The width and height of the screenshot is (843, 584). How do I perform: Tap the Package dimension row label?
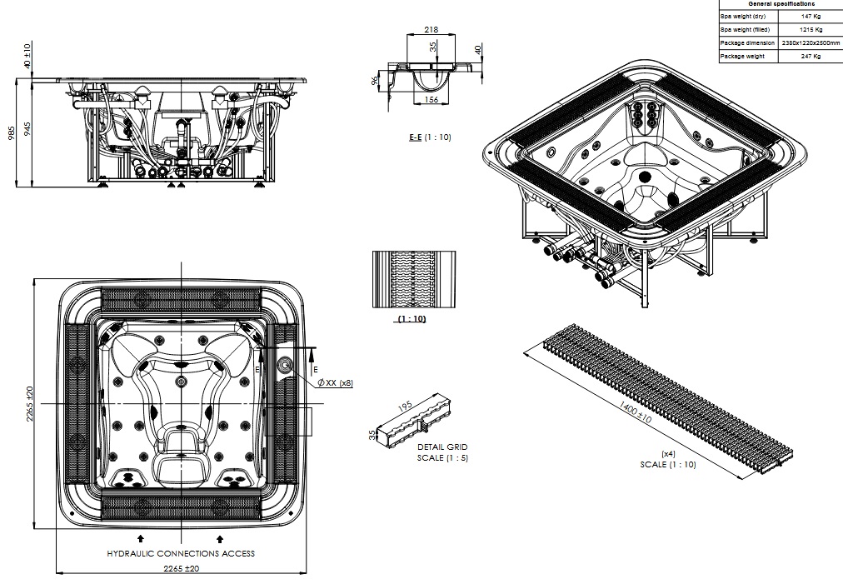tap(747, 42)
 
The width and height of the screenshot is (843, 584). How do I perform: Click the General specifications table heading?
tap(781, 4)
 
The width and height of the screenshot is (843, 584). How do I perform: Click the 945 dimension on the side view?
tap(27, 129)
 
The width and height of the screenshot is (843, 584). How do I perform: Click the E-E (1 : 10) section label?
tap(429, 137)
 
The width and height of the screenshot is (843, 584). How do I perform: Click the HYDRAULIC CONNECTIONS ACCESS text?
tap(181, 553)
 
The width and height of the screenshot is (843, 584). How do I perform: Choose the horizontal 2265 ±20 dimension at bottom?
tap(181, 568)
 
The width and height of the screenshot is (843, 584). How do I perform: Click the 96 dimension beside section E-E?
tap(376, 82)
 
